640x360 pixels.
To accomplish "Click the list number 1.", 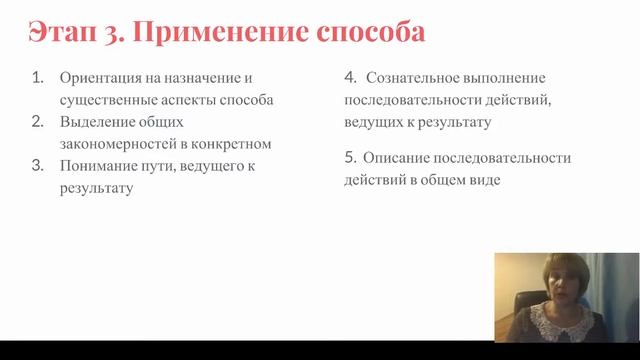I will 37,77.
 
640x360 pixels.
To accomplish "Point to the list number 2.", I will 37,121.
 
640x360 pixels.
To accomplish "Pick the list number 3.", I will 37,165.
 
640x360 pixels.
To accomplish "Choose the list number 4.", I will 350,77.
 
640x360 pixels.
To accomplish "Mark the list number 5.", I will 350,158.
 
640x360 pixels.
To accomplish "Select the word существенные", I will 109,100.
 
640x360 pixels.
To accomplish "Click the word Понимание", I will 96,166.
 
